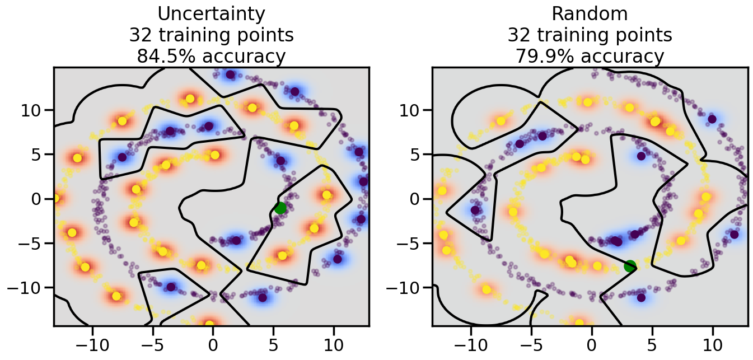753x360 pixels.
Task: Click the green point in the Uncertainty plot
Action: (x=280, y=208)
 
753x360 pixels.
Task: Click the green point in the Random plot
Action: (x=630, y=266)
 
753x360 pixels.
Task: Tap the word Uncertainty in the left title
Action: (x=211, y=13)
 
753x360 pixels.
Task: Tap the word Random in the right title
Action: (x=590, y=13)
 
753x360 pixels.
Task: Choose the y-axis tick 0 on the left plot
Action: (x=40, y=199)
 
